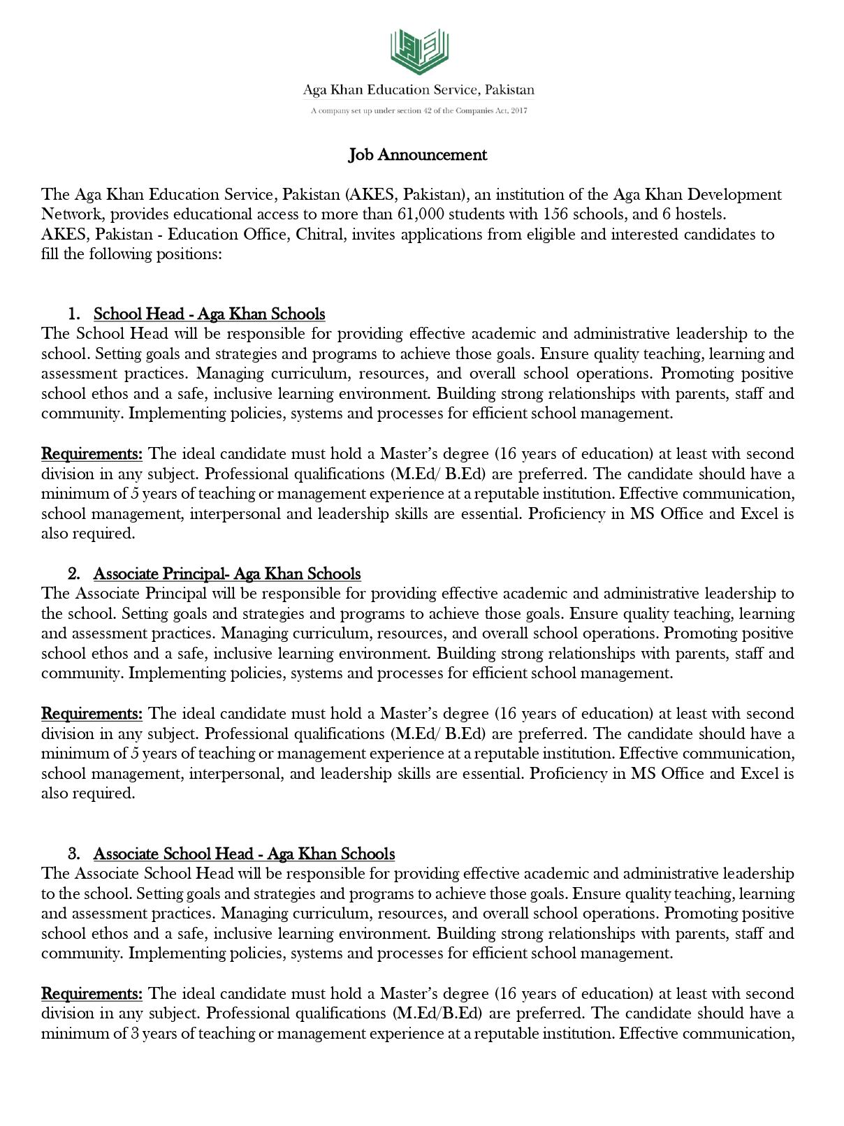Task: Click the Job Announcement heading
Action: [418, 154]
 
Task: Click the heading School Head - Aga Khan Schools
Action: [209, 314]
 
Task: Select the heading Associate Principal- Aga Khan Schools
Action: [227, 573]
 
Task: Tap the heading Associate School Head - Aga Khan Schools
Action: [244, 854]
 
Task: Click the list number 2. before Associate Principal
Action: [74, 573]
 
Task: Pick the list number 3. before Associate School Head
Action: [74, 854]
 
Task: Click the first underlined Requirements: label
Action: [92, 454]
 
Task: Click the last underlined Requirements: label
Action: [92, 993]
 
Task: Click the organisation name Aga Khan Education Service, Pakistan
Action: [418, 90]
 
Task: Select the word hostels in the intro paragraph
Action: [699, 214]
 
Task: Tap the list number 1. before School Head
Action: [74, 314]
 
